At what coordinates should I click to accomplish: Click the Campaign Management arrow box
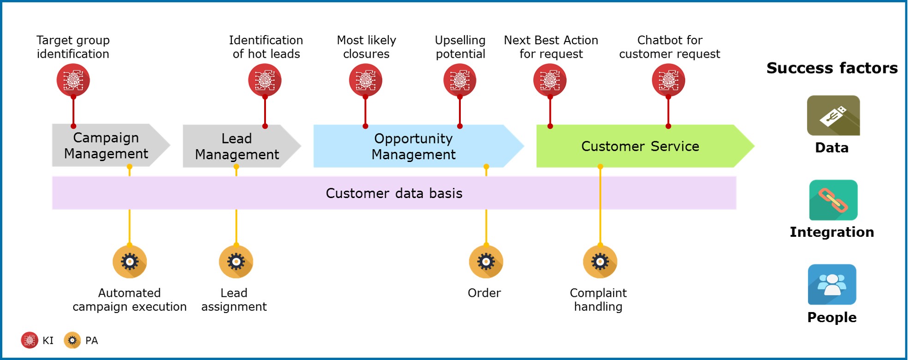click(x=106, y=145)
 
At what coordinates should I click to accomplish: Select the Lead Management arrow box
click(x=237, y=146)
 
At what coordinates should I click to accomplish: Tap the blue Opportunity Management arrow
click(x=414, y=146)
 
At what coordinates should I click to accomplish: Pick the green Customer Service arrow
click(x=640, y=146)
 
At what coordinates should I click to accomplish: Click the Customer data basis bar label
click(x=394, y=193)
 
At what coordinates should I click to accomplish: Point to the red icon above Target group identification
click(x=73, y=80)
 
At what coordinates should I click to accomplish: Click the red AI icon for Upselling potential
click(x=459, y=80)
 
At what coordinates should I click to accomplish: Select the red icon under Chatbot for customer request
click(x=668, y=80)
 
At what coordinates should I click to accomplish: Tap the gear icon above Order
click(x=486, y=262)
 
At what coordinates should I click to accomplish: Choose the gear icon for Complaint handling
click(x=600, y=262)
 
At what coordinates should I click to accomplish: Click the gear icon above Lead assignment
click(x=236, y=262)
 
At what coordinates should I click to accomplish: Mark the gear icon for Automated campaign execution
click(x=130, y=262)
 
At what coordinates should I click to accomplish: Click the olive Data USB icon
click(x=833, y=115)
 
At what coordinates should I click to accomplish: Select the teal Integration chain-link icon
click(x=833, y=200)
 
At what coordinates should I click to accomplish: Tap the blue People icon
click(x=832, y=284)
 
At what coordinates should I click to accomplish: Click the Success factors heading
click(x=832, y=68)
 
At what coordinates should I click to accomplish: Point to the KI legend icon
click(x=30, y=341)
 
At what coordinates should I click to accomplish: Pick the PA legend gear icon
click(x=72, y=341)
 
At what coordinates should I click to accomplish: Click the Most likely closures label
click(x=366, y=47)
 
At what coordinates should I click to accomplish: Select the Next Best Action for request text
click(x=551, y=47)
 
